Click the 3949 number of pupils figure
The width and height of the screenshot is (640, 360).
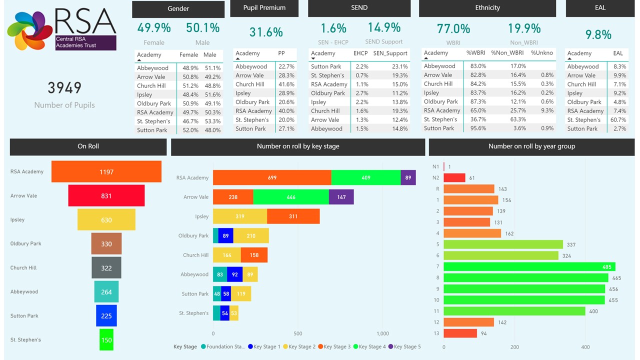click(64, 88)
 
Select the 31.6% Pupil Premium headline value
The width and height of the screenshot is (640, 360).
click(266, 32)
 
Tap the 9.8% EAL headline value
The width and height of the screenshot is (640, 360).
click(598, 34)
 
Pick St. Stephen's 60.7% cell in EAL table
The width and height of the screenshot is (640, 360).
click(618, 119)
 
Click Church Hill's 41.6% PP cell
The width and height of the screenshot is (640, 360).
click(286, 84)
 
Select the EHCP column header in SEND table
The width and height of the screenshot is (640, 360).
click(360, 53)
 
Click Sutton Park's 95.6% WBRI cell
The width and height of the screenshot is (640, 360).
click(475, 128)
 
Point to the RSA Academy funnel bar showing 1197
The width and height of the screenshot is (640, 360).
click(106, 171)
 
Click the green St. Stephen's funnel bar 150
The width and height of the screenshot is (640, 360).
click(106, 339)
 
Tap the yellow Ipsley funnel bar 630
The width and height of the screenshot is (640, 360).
click(106, 220)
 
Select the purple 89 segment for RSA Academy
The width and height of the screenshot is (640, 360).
click(408, 177)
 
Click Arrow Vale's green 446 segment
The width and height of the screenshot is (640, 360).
click(291, 197)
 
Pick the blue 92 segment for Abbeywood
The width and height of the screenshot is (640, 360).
click(234, 274)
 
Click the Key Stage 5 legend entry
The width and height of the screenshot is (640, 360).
click(404, 346)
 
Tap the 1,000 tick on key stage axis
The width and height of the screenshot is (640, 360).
click(382, 333)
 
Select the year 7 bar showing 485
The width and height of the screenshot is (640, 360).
click(529, 266)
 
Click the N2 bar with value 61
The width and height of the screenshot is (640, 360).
click(454, 178)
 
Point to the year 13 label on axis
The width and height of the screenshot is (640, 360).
click(436, 333)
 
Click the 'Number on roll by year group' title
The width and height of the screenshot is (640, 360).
click(531, 146)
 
